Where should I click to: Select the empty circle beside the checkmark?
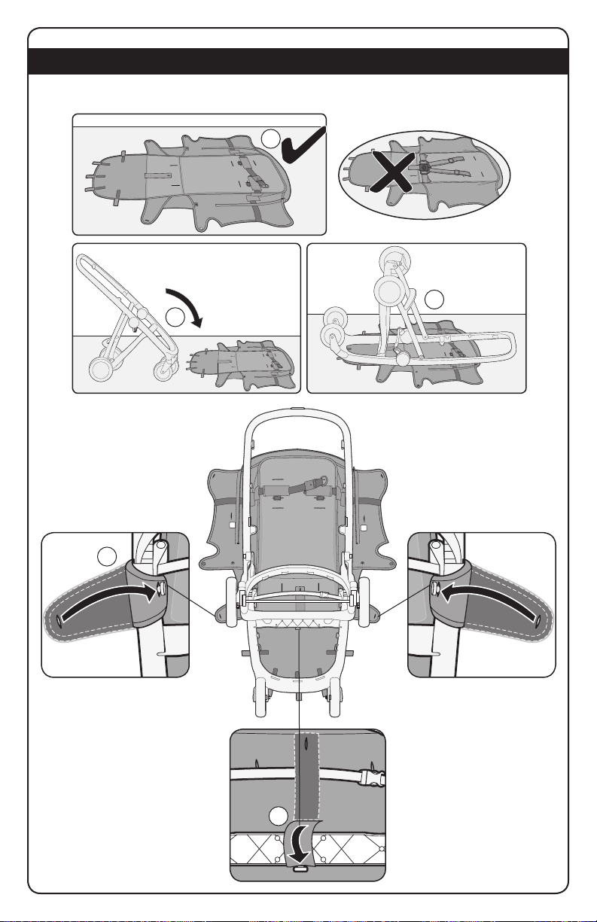point(273,137)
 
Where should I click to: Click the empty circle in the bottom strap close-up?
point(279,817)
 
